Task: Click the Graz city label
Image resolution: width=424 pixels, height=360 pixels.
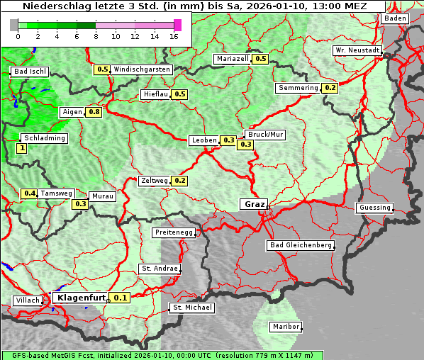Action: [x=254, y=204]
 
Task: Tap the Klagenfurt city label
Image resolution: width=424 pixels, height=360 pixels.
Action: [x=80, y=298]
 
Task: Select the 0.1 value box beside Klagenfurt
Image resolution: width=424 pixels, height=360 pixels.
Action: [x=121, y=298]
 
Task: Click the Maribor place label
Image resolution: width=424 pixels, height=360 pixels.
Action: [x=286, y=327]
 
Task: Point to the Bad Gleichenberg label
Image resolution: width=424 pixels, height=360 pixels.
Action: [x=300, y=245]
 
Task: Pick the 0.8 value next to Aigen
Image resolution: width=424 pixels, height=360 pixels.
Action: [x=94, y=112]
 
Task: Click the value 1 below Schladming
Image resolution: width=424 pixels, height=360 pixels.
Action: [x=21, y=148]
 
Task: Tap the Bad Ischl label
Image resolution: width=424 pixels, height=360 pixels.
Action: [x=30, y=72]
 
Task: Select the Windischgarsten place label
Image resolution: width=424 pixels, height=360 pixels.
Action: [x=142, y=69]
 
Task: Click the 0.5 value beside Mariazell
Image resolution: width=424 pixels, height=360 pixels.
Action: [x=260, y=59]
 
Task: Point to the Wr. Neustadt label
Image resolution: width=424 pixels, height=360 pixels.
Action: [x=357, y=51]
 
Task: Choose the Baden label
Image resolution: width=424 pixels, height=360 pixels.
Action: [x=396, y=18]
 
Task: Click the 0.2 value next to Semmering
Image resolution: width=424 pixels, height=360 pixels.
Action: [x=330, y=88]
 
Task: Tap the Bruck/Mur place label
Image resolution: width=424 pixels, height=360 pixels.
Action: [x=265, y=134]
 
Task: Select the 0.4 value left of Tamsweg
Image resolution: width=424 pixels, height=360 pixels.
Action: [x=29, y=193]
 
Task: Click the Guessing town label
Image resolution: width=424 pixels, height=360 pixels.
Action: [x=374, y=208]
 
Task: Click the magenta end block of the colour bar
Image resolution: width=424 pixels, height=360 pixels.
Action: [x=177, y=25]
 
